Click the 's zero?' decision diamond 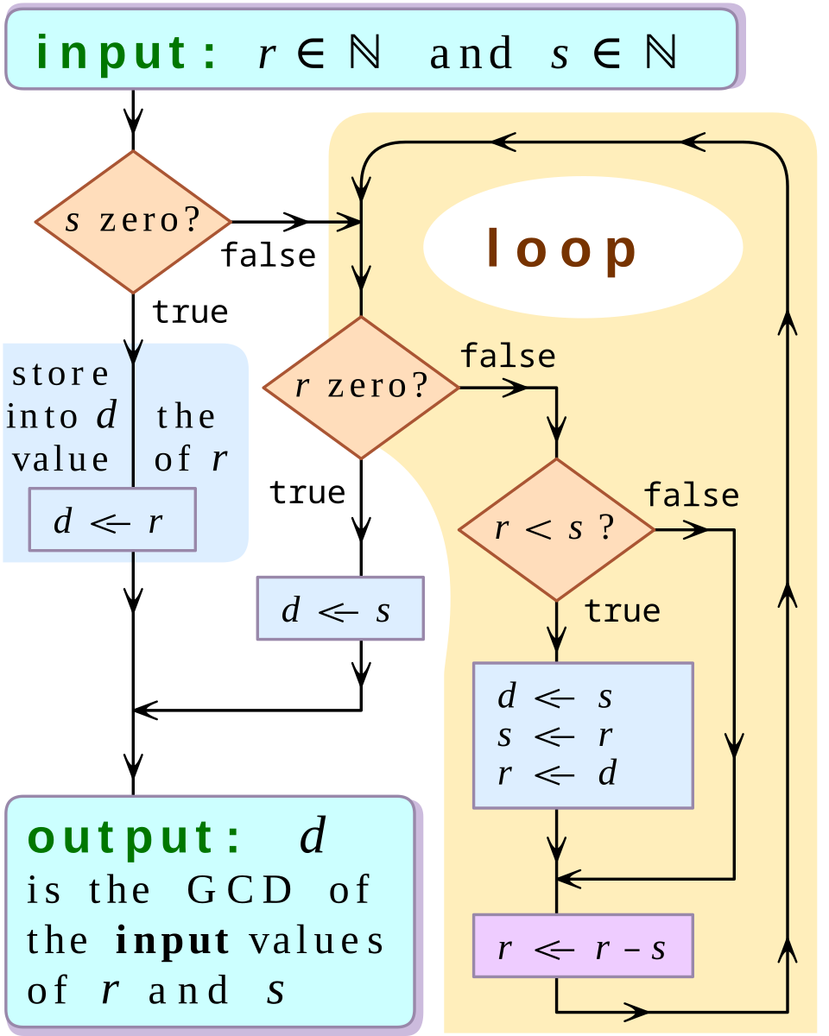(133, 222)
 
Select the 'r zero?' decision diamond (361, 388)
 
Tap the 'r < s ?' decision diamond (556, 529)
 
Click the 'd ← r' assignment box (112, 520)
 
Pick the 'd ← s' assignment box (340, 609)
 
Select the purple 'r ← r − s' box (583, 945)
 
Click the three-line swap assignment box (583, 736)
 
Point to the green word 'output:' (133, 837)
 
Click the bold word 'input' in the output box (173, 940)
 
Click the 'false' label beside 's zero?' (269, 256)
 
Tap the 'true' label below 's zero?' (190, 312)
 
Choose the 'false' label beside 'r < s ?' (692, 496)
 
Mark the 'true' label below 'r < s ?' (622, 611)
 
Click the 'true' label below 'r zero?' (307, 493)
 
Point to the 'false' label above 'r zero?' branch (508, 355)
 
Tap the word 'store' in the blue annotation (60, 375)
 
